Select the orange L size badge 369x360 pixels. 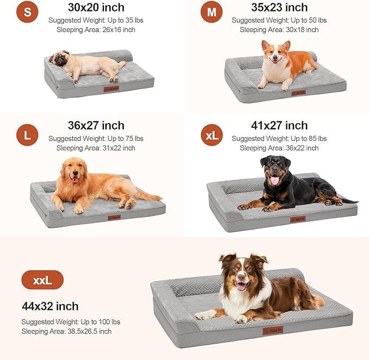click(27, 135)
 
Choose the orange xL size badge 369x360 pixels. click(211, 135)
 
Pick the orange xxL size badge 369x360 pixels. click(42, 281)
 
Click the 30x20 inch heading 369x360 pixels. click(96, 8)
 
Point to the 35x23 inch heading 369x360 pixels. click(279, 8)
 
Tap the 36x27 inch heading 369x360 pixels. click(96, 126)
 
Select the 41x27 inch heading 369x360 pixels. click(279, 126)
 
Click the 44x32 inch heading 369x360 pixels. click(51, 306)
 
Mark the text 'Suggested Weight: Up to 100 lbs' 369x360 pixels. click(71, 322)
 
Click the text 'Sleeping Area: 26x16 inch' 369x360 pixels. click(96, 29)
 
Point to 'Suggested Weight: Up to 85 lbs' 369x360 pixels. click(279, 139)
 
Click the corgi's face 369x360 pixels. click(275, 53)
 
